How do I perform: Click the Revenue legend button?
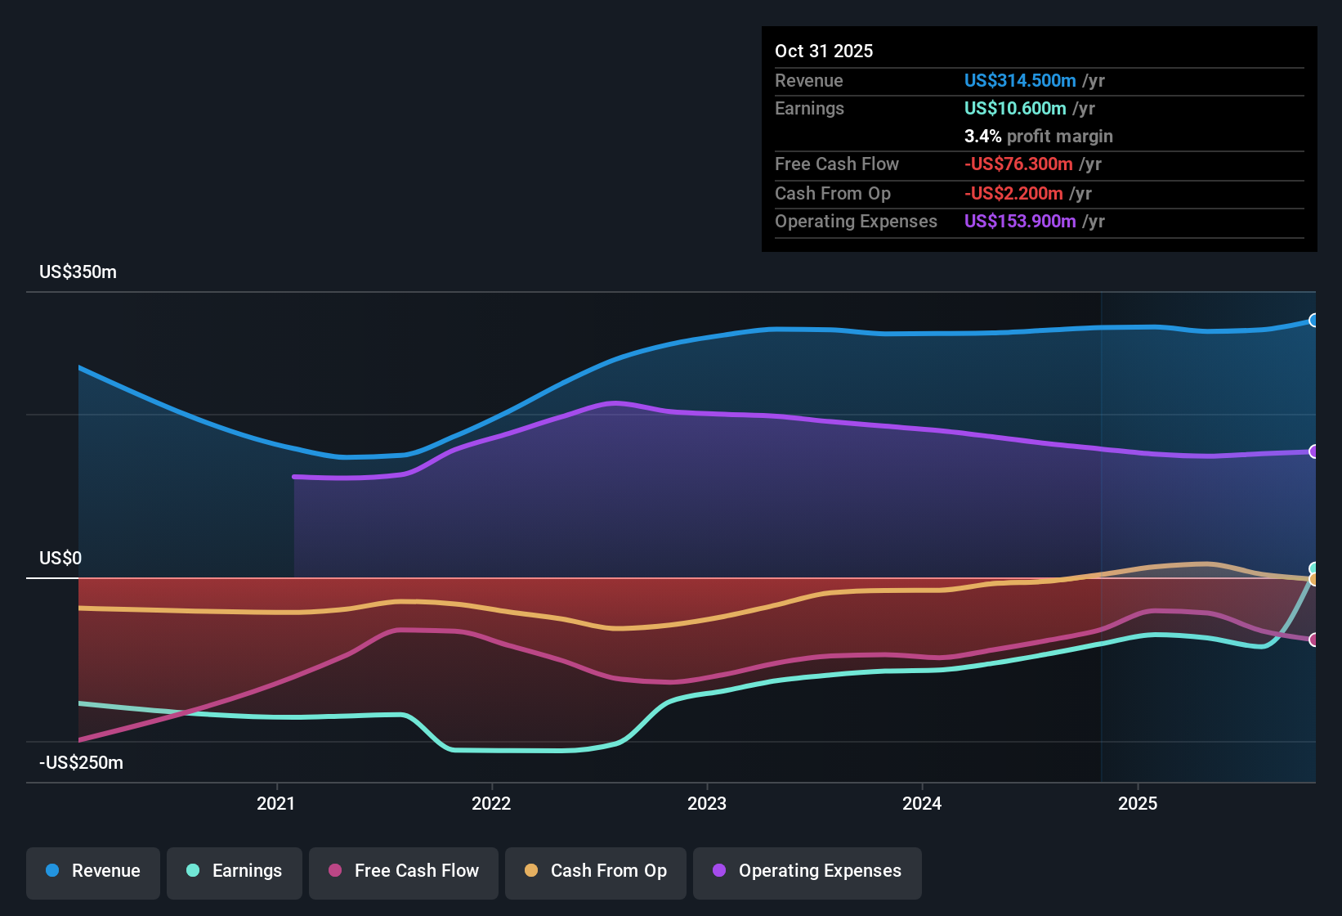93,871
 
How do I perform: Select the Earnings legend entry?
235,871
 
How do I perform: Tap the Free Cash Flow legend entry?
404,871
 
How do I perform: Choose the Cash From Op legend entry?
596,871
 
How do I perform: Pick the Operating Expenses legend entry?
807,871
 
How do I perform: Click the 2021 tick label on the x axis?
276,803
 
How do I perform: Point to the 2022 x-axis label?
491,803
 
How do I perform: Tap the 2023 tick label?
707,803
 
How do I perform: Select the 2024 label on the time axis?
922,803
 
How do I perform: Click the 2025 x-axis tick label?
1138,803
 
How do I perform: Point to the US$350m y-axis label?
78,272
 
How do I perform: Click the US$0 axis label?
61,559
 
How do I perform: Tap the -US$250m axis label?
82,763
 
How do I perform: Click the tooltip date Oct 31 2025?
824,51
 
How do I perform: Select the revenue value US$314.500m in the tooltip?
1020,80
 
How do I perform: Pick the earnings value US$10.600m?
1015,108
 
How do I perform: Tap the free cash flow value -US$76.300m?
1018,164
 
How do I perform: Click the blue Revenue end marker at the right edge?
1313,321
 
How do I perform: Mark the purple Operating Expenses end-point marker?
1313,451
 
